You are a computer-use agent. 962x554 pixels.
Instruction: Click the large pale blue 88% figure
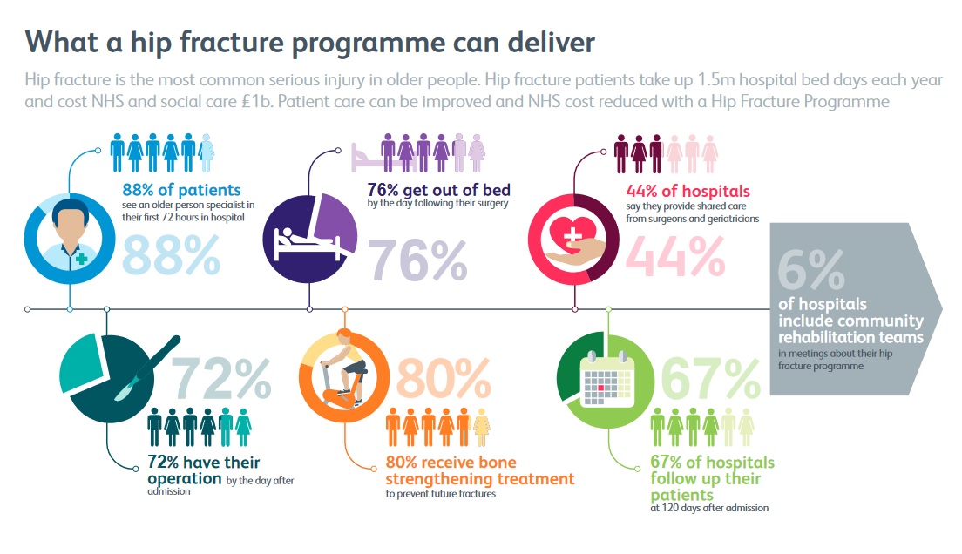[171, 255]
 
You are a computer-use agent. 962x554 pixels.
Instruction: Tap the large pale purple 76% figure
[417, 260]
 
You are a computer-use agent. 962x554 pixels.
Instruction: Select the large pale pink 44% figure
[675, 256]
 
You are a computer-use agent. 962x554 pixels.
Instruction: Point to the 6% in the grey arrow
[811, 269]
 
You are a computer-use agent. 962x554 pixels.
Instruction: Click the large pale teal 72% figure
[220, 379]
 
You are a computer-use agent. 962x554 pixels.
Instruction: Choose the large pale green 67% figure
[710, 379]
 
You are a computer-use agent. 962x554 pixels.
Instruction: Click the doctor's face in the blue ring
[70, 225]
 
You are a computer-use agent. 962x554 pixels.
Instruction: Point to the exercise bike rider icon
[343, 369]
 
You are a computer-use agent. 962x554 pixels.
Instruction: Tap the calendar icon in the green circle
[606, 379]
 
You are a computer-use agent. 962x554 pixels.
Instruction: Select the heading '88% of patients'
[181, 190]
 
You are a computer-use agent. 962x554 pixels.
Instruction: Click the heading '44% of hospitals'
[688, 191]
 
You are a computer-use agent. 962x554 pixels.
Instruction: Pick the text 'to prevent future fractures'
[441, 494]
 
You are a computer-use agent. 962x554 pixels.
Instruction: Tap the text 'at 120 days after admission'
[709, 508]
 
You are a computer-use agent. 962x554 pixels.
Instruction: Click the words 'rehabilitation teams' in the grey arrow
[850, 337]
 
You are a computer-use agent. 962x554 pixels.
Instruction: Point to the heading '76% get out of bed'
[438, 190]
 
